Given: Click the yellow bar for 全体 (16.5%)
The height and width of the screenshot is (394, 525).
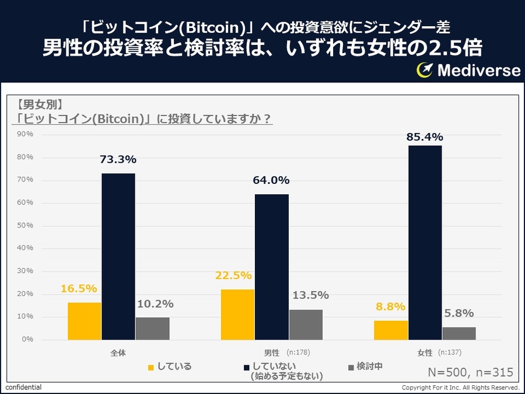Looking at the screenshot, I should [x=85, y=321].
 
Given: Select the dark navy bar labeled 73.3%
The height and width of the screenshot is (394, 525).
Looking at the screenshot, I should [x=118, y=256].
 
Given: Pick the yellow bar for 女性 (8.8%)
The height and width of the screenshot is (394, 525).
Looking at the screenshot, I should [x=391, y=330].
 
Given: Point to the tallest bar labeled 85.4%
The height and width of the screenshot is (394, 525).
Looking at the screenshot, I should [x=425, y=242].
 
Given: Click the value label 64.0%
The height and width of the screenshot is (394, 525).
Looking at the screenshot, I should [x=271, y=180].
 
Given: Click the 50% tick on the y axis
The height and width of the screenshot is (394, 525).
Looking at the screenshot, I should [x=25, y=225].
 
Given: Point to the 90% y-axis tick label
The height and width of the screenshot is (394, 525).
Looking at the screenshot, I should [x=25, y=134].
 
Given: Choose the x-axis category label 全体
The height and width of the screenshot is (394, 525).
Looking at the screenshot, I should [x=118, y=353].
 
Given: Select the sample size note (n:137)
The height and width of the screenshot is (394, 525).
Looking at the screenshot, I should [x=450, y=353].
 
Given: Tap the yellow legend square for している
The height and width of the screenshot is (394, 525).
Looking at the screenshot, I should [x=151, y=367].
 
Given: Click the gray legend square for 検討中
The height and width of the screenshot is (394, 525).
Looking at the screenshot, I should [x=351, y=367].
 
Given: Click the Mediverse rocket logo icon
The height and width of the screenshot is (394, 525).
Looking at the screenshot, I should [x=424, y=70].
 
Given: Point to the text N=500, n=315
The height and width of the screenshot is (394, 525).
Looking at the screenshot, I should [x=470, y=372].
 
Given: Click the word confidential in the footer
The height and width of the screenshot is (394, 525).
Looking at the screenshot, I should [x=24, y=388].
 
